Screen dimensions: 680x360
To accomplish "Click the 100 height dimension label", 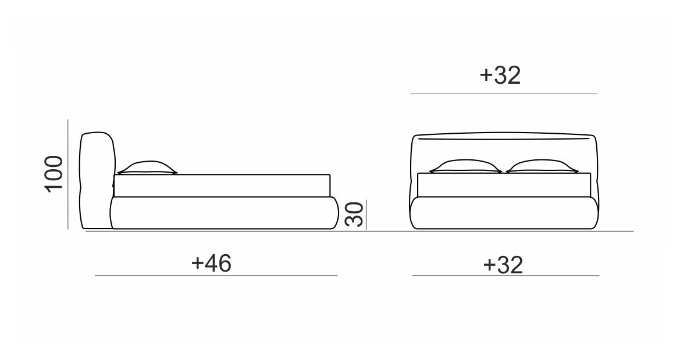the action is [x=54, y=173].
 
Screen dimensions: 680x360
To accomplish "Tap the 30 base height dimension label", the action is [x=354, y=214].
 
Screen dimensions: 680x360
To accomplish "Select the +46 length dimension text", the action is [x=211, y=263].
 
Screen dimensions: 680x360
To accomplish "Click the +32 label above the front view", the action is [x=500, y=75].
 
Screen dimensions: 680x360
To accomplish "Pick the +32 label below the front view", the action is [x=503, y=265].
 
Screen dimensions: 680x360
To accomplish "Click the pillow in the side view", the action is [x=147, y=167].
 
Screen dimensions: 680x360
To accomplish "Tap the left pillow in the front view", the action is [x=465, y=166].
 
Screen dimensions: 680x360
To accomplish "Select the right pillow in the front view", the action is [x=542, y=166].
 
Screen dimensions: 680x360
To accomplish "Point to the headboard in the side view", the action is [x=98, y=180].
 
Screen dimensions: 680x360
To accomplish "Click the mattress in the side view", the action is [x=222, y=186].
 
